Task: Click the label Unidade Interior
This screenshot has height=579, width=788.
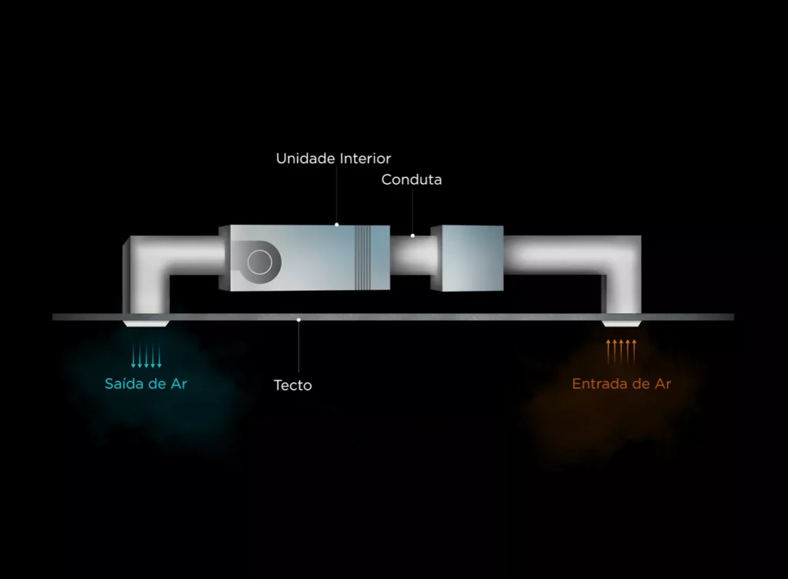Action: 333,159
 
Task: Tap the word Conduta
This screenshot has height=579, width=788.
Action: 412,179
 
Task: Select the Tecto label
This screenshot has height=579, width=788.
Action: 293,386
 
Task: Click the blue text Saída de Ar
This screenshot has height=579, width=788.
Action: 145,384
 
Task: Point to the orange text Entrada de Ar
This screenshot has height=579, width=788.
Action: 622,384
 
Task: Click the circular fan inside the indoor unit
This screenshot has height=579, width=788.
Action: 260,262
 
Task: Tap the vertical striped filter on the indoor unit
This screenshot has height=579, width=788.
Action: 363,257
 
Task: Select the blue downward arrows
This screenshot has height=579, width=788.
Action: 146,356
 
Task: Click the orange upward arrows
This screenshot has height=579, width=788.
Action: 621,351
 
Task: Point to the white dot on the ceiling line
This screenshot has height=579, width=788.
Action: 299,320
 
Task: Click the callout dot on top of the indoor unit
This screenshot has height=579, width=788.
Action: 337,225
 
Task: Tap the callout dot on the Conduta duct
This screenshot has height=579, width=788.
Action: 412,236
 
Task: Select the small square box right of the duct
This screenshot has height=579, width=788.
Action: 467,259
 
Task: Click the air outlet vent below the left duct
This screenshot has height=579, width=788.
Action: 146,323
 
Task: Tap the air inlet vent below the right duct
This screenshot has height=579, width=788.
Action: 622,323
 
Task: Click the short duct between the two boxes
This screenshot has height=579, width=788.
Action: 411,256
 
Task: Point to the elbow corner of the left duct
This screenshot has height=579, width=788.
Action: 145,256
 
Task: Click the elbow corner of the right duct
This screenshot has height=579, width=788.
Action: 621,256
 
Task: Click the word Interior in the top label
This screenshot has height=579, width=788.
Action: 366,159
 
